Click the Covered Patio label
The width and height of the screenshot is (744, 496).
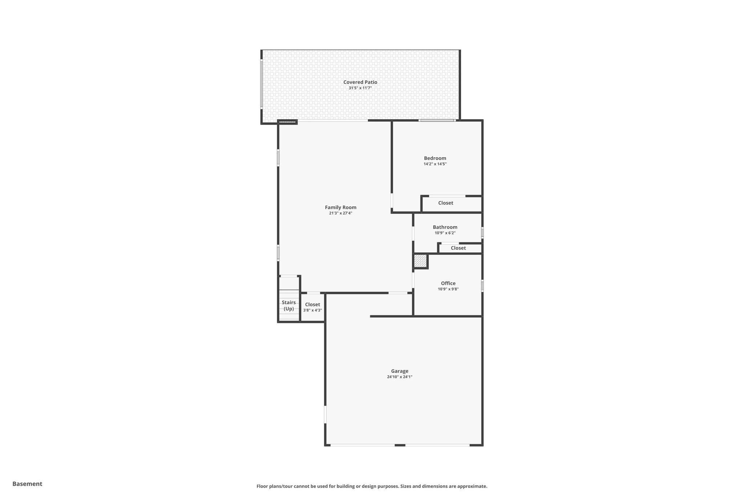360,82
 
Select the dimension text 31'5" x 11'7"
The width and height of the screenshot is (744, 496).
360,88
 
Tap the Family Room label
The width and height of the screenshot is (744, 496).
340,207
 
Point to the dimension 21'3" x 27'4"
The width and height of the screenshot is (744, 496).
340,213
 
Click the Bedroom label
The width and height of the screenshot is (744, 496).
435,158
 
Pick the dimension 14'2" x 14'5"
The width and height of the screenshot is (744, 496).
435,164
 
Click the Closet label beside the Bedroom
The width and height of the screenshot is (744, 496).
445,203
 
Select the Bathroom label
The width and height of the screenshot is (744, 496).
445,227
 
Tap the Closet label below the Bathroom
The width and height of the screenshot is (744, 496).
458,248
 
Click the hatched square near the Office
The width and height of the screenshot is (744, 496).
420,261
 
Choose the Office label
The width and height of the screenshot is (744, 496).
448,283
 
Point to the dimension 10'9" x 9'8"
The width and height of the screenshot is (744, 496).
448,289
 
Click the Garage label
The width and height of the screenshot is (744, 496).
400,371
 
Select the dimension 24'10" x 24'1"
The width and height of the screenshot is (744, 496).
400,377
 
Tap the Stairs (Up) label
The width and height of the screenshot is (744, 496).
289,306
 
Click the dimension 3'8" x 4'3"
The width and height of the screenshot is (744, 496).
312,310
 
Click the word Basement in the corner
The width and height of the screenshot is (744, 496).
27,484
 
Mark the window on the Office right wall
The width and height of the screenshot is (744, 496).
482,286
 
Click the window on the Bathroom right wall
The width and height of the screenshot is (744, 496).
482,232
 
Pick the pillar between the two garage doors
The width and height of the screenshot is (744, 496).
400,445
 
